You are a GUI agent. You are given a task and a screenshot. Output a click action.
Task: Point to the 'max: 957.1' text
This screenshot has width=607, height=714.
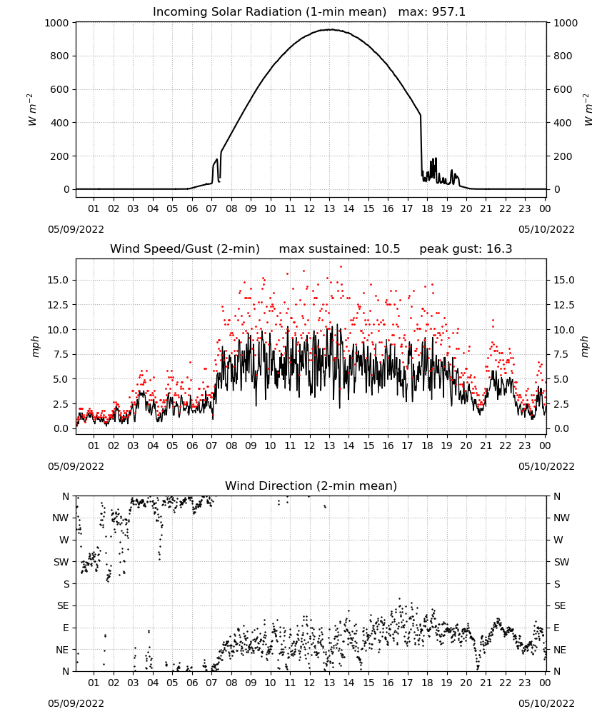[432, 12]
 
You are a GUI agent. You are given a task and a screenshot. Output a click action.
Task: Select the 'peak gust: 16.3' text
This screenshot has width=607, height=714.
[466, 249]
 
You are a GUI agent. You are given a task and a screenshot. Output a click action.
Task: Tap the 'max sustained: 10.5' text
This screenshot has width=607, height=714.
[339, 249]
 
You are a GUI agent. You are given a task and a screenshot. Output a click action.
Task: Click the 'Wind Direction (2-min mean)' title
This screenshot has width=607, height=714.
[311, 486]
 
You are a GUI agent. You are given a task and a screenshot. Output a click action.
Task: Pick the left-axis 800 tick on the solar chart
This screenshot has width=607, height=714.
[60, 56]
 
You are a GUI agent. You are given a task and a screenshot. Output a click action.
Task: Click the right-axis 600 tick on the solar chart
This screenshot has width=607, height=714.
[563, 89]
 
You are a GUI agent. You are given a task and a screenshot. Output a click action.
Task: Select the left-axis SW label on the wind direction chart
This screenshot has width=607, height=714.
[61, 562]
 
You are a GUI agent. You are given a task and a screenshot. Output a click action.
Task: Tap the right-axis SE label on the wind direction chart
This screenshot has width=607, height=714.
[560, 605]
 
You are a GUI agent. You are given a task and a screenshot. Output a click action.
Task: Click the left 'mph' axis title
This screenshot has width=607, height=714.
[36, 346]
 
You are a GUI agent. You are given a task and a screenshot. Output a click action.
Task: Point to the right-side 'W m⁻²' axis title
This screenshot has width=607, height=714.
[588, 110]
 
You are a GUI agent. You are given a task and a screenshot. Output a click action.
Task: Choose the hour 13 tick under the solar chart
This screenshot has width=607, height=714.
[329, 208]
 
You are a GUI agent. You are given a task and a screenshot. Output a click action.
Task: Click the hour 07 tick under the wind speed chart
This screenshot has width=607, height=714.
[212, 446]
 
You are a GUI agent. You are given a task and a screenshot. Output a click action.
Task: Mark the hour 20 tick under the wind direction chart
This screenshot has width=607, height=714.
[466, 683]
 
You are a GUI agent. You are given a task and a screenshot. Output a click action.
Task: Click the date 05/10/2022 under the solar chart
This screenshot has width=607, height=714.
[546, 229]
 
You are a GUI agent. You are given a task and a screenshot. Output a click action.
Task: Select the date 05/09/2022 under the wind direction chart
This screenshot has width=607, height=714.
[76, 703]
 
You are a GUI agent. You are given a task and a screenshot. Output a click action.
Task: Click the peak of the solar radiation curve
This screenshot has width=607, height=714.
[330, 29]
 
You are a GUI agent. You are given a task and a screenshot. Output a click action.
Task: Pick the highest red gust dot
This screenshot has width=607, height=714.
[341, 267]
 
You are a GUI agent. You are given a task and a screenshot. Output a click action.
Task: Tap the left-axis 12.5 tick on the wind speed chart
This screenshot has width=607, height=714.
[59, 305]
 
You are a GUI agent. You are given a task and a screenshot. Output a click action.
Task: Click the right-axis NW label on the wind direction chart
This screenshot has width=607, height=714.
[561, 518]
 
